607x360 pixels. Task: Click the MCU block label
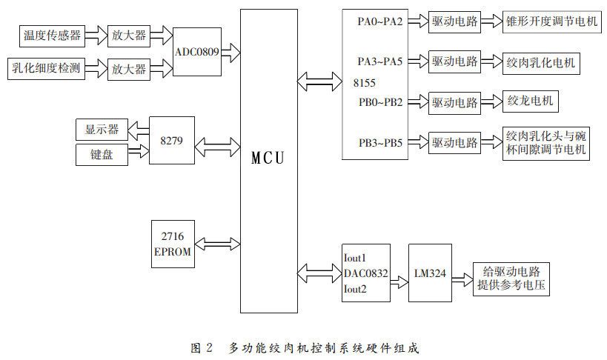pos(268,158)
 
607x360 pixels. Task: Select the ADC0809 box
pos(196,52)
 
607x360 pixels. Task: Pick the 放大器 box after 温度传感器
pos(128,34)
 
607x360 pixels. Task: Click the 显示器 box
pos(101,130)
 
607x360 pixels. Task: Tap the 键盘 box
pos(101,154)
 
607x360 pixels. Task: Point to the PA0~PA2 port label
pos(379,21)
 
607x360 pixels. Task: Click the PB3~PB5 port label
pos(379,142)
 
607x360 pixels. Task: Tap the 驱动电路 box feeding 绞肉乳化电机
pos(454,61)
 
